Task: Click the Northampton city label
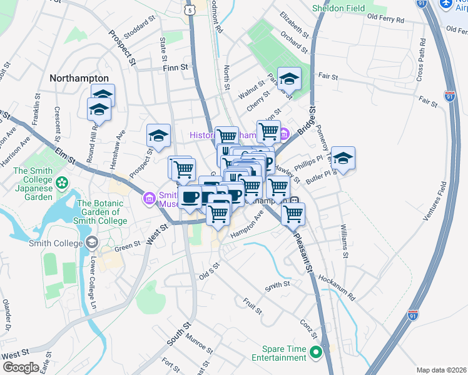[x=79, y=78]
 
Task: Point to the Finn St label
[x=176, y=67]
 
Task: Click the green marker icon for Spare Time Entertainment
[x=317, y=352]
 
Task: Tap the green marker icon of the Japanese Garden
[x=62, y=183]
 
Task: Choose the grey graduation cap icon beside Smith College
[x=92, y=242]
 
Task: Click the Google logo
[x=21, y=367]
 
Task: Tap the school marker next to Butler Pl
[x=343, y=158]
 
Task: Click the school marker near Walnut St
[x=289, y=79]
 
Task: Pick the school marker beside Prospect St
[x=159, y=135]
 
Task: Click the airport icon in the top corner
[x=446, y=4]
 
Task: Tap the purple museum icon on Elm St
[x=149, y=198]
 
